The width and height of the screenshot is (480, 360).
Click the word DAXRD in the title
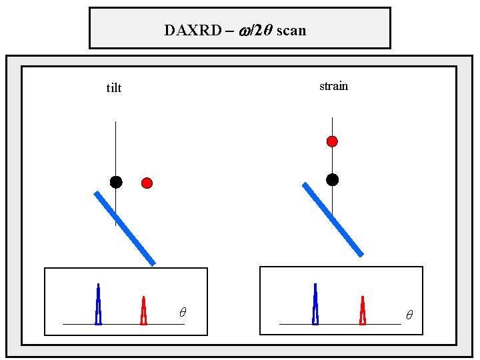click(x=193, y=31)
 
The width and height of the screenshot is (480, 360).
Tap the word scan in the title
click(x=291, y=31)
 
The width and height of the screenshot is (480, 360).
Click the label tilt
click(x=114, y=88)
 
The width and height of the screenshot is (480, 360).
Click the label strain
click(x=333, y=86)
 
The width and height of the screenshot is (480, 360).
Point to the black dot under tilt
click(x=116, y=182)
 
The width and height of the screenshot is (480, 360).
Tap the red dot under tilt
click(x=147, y=183)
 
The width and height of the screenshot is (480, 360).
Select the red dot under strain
click(x=332, y=141)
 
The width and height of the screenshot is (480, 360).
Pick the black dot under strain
click(x=332, y=179)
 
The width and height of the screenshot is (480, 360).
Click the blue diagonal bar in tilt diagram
click(x=125, y=229)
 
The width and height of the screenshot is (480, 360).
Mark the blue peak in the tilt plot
click(x=99, y=305)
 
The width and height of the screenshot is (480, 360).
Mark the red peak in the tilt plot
click(x=143, y=311)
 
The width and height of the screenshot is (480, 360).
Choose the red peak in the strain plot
click(x=363, y=311)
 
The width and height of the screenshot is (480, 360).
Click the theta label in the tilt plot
click(x=183, y=312)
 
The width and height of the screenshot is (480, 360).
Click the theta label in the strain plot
click(x=409, y=314)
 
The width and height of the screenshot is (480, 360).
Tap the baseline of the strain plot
click(x=340, y=324)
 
